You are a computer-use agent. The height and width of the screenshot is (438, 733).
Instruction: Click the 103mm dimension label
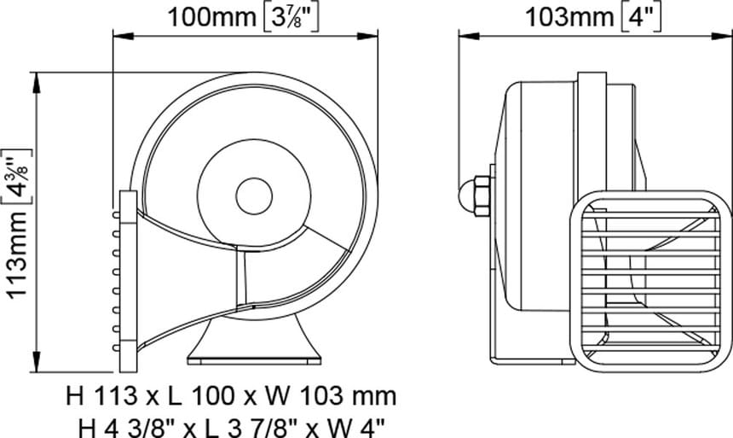tap(568, 18)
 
